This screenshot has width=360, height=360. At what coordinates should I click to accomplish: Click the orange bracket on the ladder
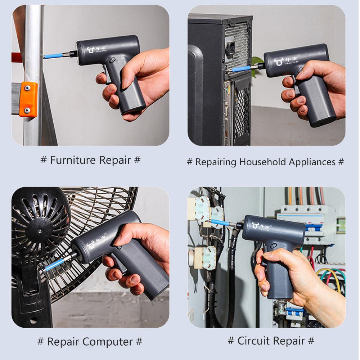pos(28,99)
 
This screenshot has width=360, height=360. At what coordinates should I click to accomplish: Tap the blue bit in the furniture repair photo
pos(54,56)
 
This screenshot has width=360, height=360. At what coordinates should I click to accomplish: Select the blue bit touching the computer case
pos(240,68)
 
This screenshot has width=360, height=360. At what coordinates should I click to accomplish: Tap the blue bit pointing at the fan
pos(53,265)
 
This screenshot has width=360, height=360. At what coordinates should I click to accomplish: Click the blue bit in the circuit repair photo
pos(220,223)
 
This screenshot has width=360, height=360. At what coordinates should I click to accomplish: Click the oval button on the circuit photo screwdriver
pos(273,245)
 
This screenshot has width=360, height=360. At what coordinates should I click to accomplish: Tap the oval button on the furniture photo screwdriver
pos(112,60)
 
